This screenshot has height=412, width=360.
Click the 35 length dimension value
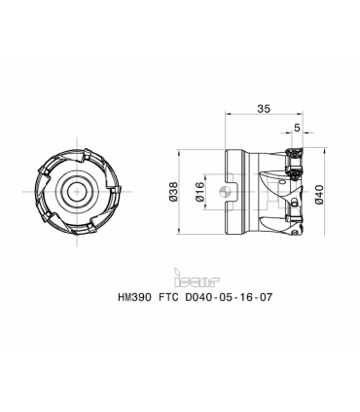[264, 108]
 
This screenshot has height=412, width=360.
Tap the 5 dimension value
[297, 128]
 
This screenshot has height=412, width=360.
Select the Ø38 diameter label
[174, 192]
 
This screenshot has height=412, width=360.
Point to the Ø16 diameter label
[200, 192]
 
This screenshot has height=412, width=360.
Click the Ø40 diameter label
[319, 194]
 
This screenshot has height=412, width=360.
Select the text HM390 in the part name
[134, 297]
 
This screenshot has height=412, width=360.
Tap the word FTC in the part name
[168, 297]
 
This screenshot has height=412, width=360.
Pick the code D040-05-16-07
[228, 297]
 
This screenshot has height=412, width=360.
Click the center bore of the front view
[77, 192]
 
